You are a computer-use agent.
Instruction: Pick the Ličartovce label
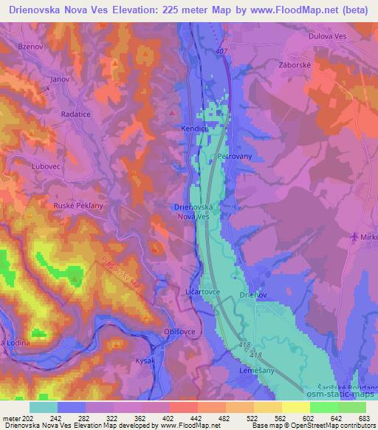point(200,293)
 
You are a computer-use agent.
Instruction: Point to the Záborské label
point(320,64)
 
